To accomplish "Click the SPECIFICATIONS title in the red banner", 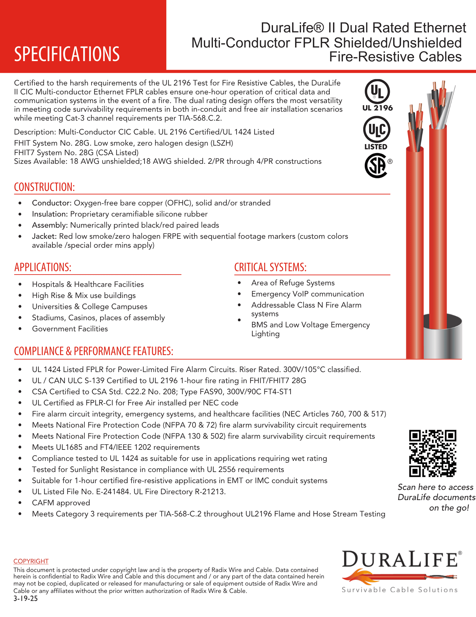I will click(x=67, y=54).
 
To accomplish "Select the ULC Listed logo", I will click(x=376, y=133).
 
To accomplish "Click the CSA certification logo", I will click(x=377, y=166).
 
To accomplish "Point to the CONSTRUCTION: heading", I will click(x=44, y=187).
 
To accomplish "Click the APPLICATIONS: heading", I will click(x=43, y=267).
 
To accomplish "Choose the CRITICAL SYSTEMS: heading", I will click(x=270, y=267).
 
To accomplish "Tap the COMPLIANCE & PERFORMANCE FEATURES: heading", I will click(x=94, y=351).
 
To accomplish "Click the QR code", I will click(x=433, y=453).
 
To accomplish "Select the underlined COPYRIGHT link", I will click(x=31, y=561).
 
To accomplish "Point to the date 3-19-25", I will click(x=26, y=599).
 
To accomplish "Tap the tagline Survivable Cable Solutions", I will click(x=400, y=590).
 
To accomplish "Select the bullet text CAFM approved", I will click(x=61, y=503).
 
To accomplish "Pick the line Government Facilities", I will click(x=70, y=329).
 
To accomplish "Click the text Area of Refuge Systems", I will click(x=293, y=283).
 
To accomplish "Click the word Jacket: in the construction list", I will click(x=44, y=236).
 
